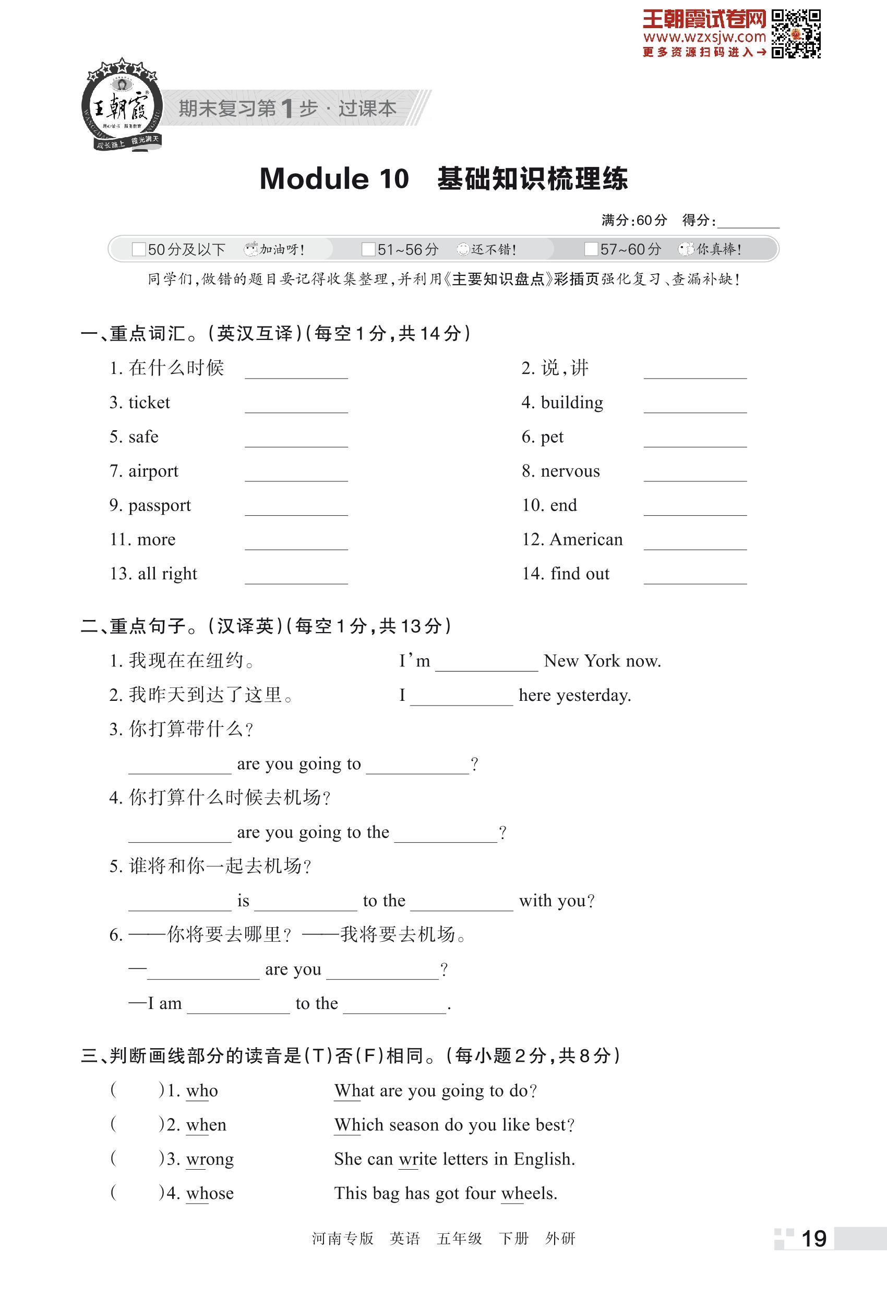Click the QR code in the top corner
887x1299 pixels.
click(796, 33)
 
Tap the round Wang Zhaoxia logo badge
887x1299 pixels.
click(122, 106)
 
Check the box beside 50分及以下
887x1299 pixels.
click(139, 249)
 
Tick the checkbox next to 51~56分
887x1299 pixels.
click(368, 249)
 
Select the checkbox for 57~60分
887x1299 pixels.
click(591, 249)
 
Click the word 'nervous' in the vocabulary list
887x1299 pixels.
click(570, 471)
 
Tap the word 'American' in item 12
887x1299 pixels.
click(586, 539)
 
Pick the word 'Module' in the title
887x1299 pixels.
click(314, 179)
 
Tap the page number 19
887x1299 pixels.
click(814, 1239)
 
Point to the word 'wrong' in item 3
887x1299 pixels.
click(210, 1159)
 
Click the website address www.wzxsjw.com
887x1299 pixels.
click(704, 38)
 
